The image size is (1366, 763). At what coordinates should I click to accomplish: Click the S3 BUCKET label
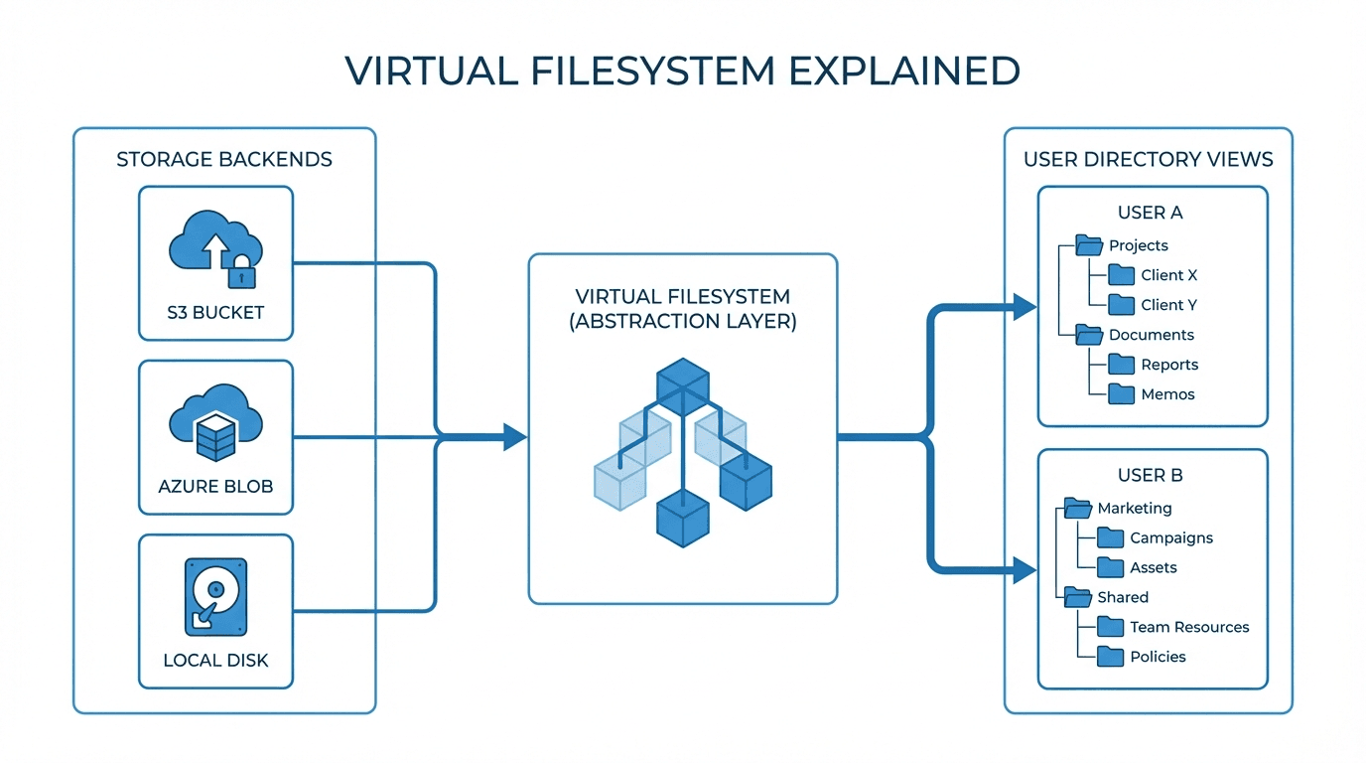215,312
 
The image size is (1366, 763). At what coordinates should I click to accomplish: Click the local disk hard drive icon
215,596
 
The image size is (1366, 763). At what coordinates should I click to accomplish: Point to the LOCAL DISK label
215,660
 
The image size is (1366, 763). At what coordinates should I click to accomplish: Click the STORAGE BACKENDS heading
224,159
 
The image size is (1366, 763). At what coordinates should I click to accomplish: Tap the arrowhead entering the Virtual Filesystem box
514,436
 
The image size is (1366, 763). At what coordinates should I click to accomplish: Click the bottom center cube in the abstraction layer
683,517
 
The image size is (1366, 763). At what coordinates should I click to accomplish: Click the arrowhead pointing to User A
1024,307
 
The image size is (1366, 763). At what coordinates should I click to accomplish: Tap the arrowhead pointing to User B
1024,569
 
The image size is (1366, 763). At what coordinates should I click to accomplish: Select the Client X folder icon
1121,275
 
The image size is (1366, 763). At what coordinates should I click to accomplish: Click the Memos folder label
1167,394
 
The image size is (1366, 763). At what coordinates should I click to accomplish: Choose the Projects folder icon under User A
1089,245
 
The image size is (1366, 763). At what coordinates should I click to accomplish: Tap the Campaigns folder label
1171,537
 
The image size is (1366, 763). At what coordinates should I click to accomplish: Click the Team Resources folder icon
1110,627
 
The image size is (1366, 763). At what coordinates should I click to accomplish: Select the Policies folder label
1158,657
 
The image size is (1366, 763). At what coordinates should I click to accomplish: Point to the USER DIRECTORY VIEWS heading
1149,159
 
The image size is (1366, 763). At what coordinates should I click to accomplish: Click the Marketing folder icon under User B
1077,508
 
